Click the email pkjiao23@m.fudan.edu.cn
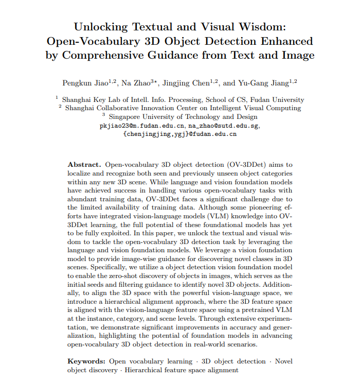(x=141, y=126)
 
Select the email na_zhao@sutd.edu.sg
(x=224, y=126)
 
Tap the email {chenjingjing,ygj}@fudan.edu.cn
(x=180, y=134)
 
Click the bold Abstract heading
(x=84, y=165)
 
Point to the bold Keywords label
(x=86, y=362)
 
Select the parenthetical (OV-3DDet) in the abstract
(x=248, y=165)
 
